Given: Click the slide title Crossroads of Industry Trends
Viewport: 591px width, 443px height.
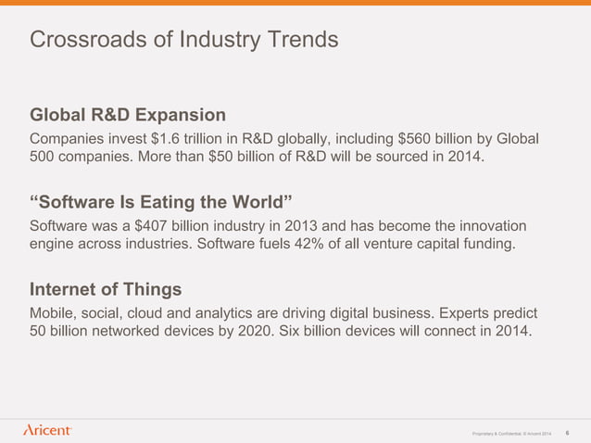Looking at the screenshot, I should click(183, 41).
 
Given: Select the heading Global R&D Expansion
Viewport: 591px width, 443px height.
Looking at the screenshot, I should click(128, 115).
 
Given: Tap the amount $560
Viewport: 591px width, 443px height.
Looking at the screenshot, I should click(416, 139).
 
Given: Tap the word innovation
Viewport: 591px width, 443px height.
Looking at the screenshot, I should click(491, 227).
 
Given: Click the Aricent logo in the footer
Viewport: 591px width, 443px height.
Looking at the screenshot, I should click(47, 430).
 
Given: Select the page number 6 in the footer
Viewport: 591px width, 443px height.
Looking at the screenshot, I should click(566, 432).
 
